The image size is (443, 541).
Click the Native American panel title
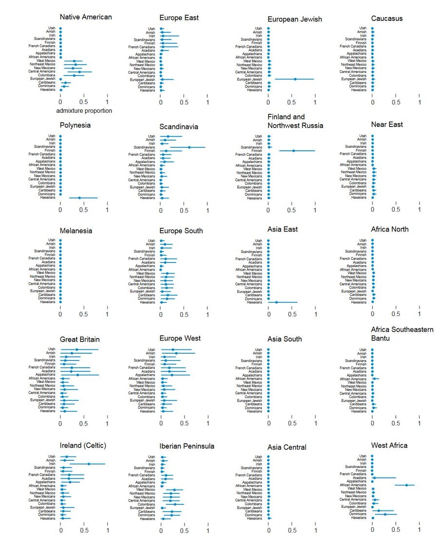[x=86, y=17]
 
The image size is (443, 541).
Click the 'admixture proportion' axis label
[x=84, y=111]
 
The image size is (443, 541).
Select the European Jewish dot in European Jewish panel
[x=295, y=79]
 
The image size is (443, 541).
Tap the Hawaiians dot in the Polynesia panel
[x=79, y=198]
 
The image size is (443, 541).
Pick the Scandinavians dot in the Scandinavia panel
[x=189, y=147]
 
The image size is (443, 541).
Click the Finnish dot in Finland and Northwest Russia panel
[x=294, y=151]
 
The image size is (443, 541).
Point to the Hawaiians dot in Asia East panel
[x=277, y=302]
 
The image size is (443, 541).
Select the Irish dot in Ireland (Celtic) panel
[x=88, y=464]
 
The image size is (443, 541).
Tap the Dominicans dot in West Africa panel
[x=385, y=514]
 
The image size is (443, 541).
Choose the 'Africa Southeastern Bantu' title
[x=402, y=334]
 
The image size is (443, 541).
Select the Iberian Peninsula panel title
[x=187, y=446]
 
